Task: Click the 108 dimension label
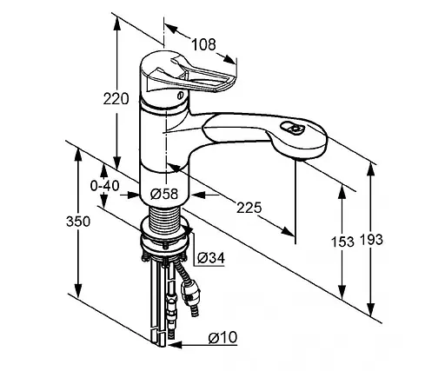point(204,45)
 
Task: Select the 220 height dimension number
point(116,99)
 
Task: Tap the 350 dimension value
point(78,222)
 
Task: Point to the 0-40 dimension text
point(104,186)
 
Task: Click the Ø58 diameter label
point(164,194)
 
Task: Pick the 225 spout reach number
point(249,208)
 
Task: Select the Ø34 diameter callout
point(211,258)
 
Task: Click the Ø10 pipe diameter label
point(222,337)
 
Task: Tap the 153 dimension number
point(342,242)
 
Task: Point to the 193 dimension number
point(371,240)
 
